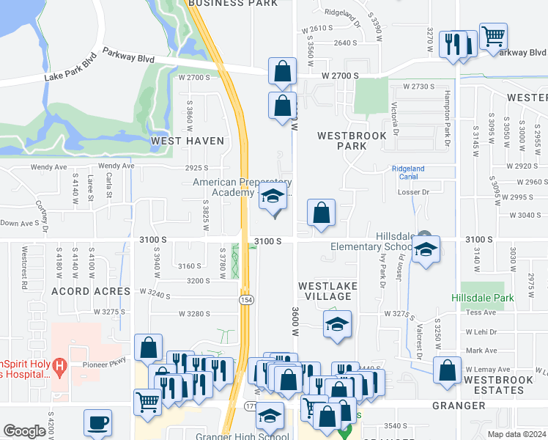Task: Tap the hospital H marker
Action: (x=61, y=364)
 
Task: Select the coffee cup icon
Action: (x=97, y=422)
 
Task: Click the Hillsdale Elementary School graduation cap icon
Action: (x=426, y=249)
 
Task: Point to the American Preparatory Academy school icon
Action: (x=273, y=197)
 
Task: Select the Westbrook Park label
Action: (x=341, y=141)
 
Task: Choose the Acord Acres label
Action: (x=81, y=291)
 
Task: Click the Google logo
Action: (x=25, y=431)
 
